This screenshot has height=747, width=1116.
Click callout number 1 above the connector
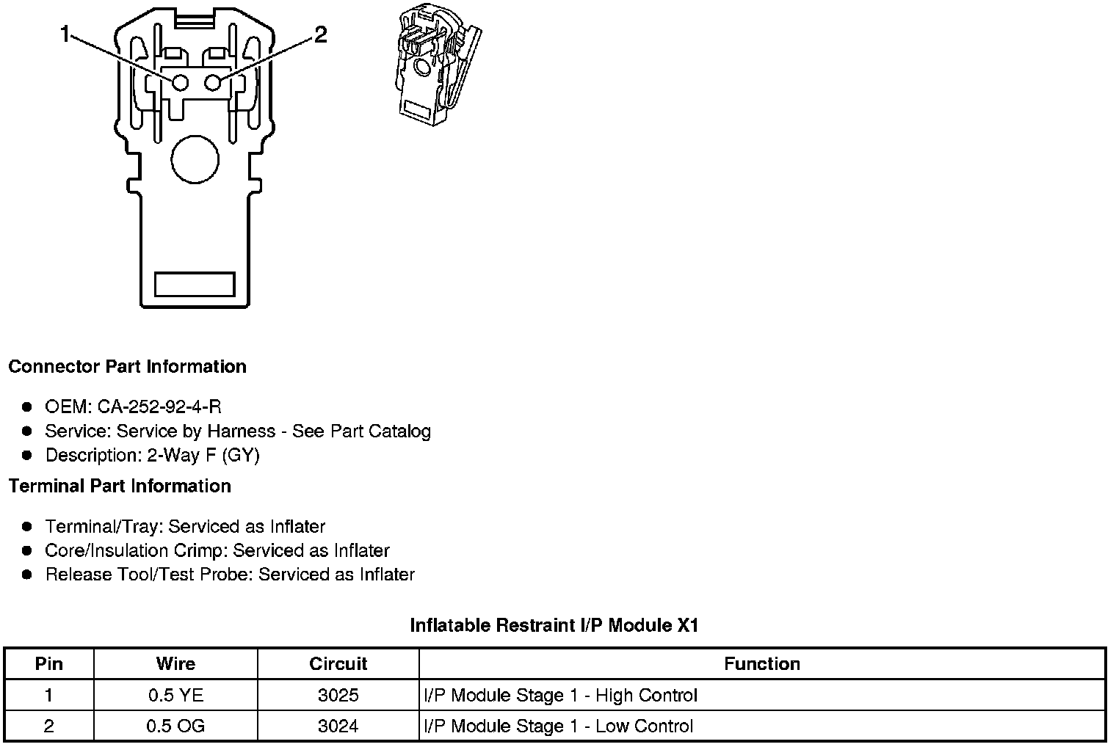[x=65, y=34]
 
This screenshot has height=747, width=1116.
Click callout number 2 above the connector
[x=320, y=34]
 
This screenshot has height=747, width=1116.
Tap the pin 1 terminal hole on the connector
[x=180, y=82]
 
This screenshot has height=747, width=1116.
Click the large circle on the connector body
[x=195, y=159]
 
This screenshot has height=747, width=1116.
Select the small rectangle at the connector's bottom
[x=195, y=284]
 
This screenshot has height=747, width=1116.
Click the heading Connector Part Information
[x=127, y=366]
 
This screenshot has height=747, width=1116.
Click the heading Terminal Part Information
[x=120, y=486]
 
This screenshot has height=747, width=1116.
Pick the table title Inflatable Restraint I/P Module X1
[x=554, y=625]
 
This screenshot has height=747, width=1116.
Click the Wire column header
[x=175, y=664]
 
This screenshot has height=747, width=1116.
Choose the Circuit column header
[x=338, y=664]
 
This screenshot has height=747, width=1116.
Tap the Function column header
[x=761, y=664]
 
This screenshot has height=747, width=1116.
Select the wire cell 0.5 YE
[x=175, y=695]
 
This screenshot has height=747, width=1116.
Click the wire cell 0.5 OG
[x=175, y=726]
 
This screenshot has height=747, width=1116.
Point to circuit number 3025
[x=338, y=695]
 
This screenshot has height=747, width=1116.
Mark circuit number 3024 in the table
[x=338, y=726]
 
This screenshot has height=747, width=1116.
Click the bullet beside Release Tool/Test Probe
[x=27, y=575]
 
